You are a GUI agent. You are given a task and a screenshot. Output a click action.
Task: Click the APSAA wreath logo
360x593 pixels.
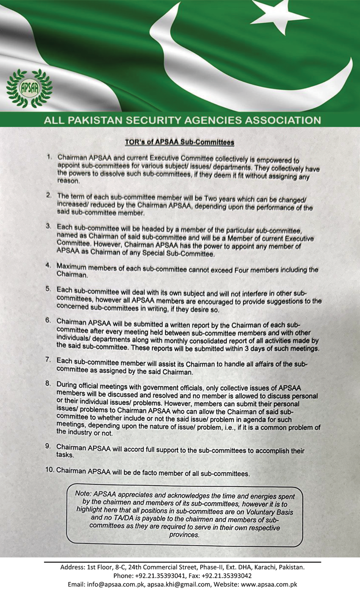[29, 89]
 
